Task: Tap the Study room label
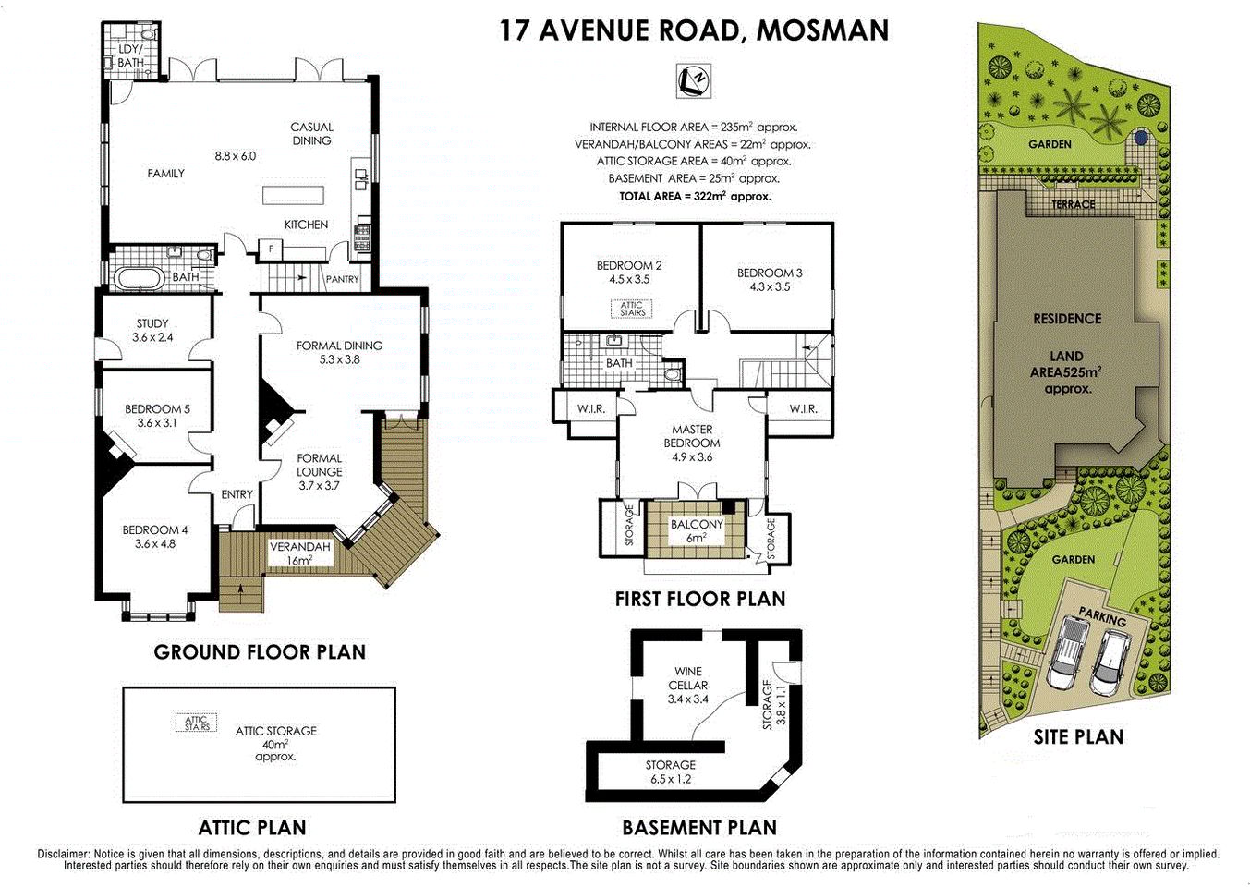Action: point(152,331)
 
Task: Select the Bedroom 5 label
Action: point(157,416)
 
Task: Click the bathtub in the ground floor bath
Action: point(140,276)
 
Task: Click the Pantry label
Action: point(342,279)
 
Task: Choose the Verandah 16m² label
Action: point(299,553)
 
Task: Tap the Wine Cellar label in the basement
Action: point(687,685)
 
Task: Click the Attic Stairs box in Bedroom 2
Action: point(632,309)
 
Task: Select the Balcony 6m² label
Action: point(697,530)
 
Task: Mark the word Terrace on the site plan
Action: point(1074,204)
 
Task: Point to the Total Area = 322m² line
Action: point(695,196)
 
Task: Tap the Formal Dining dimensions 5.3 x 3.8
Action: point(339,359)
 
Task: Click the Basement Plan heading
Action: point(699,828)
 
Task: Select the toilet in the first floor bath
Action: point(673,373)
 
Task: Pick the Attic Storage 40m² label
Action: point(275,743)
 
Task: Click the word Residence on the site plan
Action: point(1067,319)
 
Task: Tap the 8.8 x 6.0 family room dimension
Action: point(235,156)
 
